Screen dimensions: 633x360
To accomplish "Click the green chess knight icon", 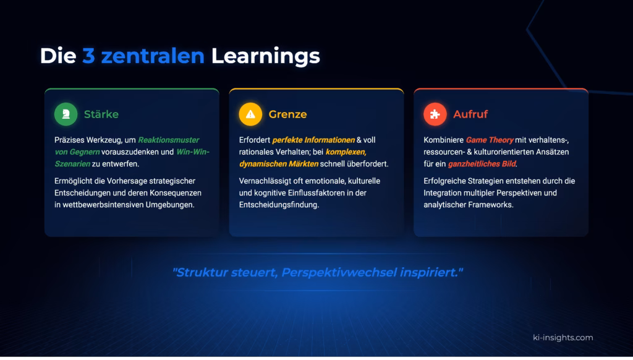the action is click(x=66, y=114).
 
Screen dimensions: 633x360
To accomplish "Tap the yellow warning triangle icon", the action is click(x=250, y=114).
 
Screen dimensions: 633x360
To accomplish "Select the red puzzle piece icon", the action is click(x=435, y=114).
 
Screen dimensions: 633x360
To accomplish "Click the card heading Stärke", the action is click(x=101, y=114).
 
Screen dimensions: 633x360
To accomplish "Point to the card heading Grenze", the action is click(x=287, y=114).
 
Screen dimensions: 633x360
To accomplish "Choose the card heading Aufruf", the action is click(x=470, y=114).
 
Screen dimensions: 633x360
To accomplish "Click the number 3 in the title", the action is click(x=88, y=56).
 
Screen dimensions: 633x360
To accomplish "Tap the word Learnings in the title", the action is click(x=266, y=56).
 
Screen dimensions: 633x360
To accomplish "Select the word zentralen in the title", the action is click(x=153, y=56).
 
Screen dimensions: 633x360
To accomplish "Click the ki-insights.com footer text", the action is click(x=563, y=337).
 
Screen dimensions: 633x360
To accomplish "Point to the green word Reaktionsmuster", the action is click(x=169, y=140).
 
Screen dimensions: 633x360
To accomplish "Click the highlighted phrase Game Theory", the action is click(x=490, y=140).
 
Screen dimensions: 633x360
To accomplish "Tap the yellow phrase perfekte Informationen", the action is click(x=313, y=140).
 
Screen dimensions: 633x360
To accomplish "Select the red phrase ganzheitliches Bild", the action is click(x=482, y=164).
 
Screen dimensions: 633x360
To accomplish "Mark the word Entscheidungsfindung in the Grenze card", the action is click(x=279, y=205).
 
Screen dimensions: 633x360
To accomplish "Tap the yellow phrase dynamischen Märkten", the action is click(x=279, y=164).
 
